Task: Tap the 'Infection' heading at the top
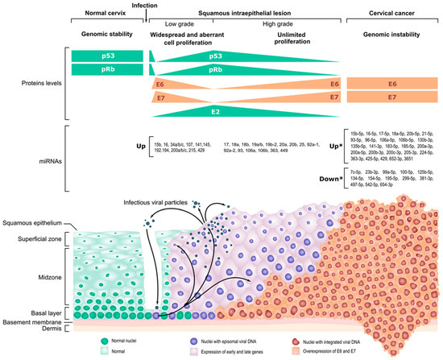pos(153,5)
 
